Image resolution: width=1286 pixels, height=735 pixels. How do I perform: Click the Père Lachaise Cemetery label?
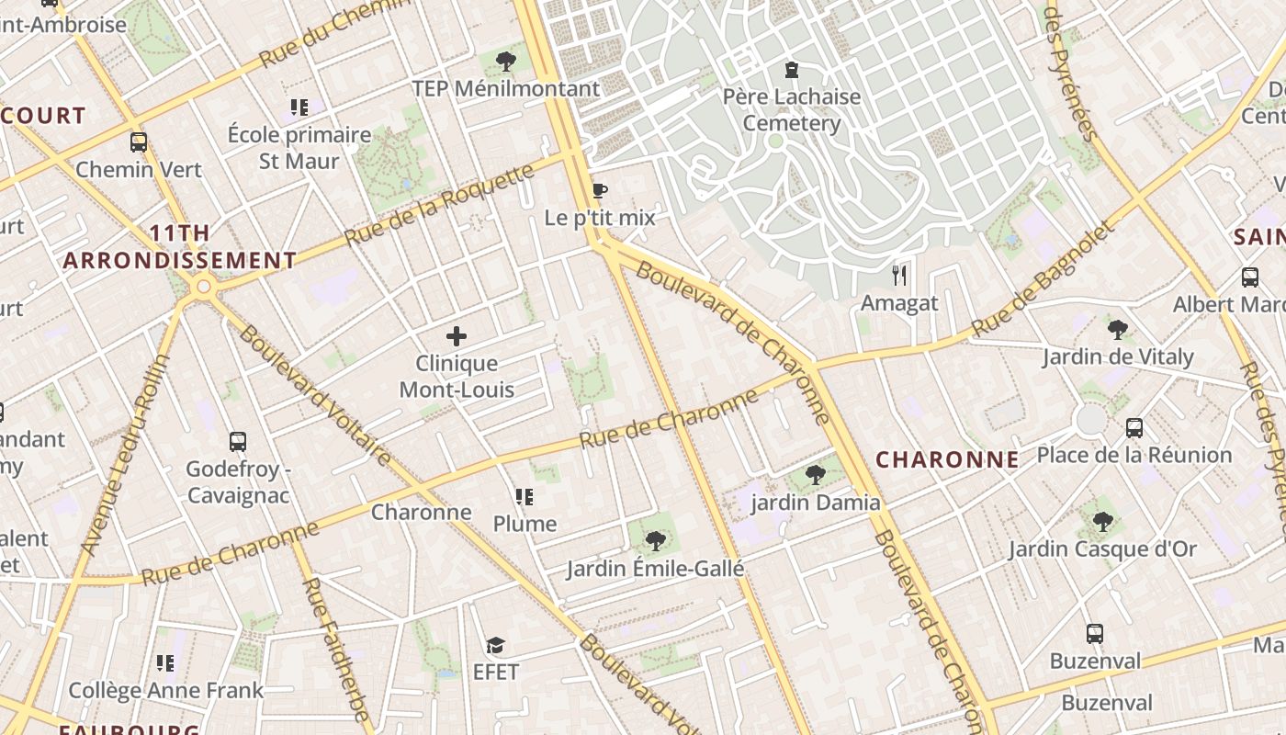[791, 110]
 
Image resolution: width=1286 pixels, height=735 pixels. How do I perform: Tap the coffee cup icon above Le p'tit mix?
[599, 191]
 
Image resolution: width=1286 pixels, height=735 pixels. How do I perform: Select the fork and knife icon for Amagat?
[899, 275]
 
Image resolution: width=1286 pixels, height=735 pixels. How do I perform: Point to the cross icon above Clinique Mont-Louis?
[457, 336]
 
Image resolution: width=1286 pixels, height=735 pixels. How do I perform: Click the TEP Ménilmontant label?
[505, 88]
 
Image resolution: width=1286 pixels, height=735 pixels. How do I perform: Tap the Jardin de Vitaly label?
[1117, 356]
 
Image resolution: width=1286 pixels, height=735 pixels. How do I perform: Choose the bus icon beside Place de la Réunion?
[1134, 427]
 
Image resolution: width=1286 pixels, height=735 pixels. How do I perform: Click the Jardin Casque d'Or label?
[1102, 549]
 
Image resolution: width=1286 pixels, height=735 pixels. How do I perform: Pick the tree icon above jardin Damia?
[815, 475]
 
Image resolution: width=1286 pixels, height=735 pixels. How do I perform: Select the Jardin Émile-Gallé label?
[655, 569]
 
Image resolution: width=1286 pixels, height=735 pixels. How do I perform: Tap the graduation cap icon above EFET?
[496, 646]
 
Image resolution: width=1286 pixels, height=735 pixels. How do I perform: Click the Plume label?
[525, 524]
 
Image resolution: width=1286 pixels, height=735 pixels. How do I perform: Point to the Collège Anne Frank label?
[165, 690]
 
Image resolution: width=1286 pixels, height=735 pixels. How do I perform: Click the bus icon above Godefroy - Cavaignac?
[238, 442]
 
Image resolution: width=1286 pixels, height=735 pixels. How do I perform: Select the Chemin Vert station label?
[139, 169]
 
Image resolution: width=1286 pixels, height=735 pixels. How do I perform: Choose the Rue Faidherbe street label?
[335, 648]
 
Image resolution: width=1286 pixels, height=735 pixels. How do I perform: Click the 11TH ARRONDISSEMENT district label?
[180, 246]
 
